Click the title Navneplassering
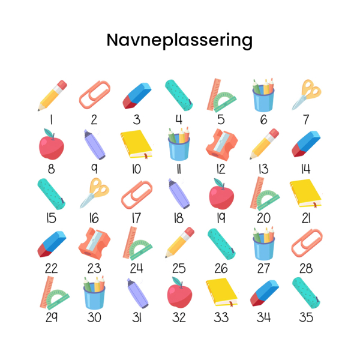[179, 40]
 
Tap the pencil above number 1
[52, 95]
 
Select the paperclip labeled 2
[95, 95]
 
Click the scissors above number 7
[306, 95]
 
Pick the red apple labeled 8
[52, 145]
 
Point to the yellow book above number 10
[136, 145]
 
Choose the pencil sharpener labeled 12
[221, 145]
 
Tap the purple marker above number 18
[179, 193]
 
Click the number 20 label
[263, 218]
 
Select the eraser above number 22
[52, 244]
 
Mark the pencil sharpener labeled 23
[94, 244]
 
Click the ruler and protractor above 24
[137, 244]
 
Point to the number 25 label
[179, 268]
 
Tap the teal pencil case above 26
[221, 244]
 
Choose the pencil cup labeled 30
[94, 293]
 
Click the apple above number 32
[179, 293]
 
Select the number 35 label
[306, 317]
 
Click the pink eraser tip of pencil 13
[274, 133]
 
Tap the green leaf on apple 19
[218, 182]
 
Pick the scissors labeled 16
[95, 193]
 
